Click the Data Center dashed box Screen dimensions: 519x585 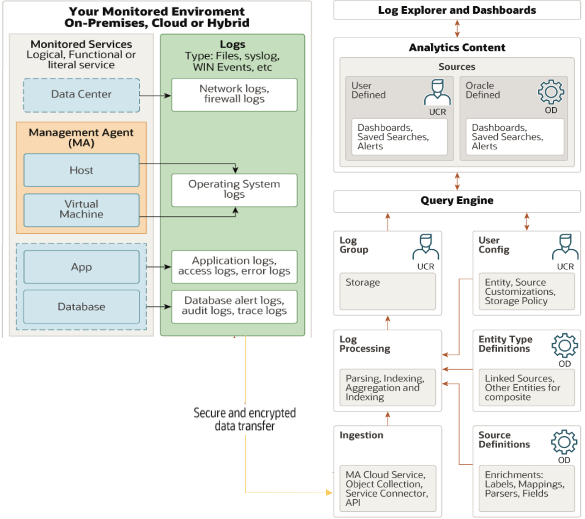click(x=82, y=95)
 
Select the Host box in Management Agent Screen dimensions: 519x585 click(x=82, y=170)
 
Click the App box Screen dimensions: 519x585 click(x=82, y=267)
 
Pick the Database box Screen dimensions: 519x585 click(x=82, y=307)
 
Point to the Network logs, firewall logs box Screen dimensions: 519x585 click(x=234, y=95)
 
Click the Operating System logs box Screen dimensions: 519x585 click(x=234, y=190)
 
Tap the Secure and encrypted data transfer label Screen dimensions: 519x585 click(x=245, y=419)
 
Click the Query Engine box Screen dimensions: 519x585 click(x=457, y=201)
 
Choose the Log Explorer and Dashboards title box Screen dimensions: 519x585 click(x=457, y=10)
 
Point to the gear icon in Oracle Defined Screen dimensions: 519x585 click(x=551, y=92)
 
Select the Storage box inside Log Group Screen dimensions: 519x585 click(x=387, y=291)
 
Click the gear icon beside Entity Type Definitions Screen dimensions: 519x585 click(x=565, y=345)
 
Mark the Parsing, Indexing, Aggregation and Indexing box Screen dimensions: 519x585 click(x=387, y=388)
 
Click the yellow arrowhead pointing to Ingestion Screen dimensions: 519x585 click(x=329, y=492)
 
